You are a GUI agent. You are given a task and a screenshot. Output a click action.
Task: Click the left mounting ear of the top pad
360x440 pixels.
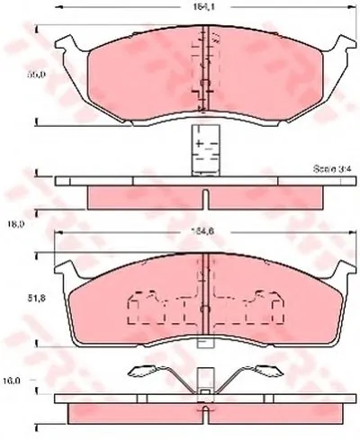pyautogui.click(x=66, y=41)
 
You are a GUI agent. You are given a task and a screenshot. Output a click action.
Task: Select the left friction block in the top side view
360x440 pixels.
pyautogui.click(x=144, y=196)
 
